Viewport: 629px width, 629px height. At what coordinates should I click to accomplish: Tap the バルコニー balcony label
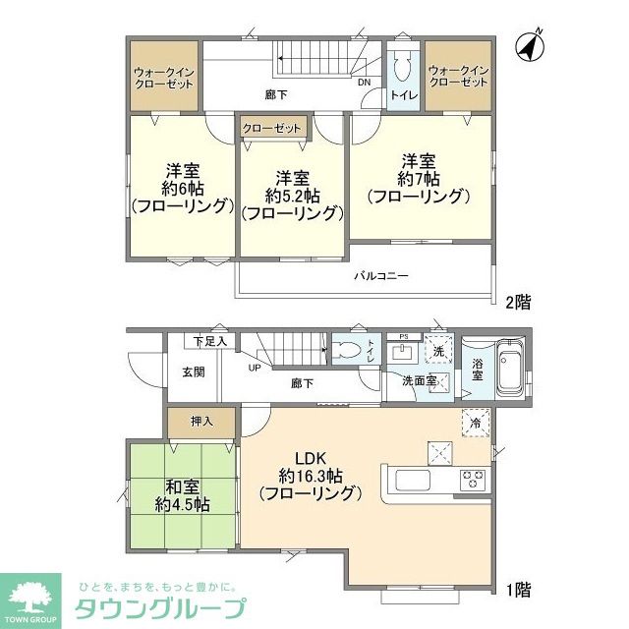pyautogui.click(x=381, y=276)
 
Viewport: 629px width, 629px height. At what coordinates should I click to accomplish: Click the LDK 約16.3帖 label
pyautogui.click(x=309, y=475)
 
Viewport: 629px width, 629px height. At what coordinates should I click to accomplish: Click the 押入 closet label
pyautogui.click(x=201, y=421)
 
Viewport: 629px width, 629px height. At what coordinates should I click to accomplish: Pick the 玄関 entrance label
pyautogui.click(x=193, y=372)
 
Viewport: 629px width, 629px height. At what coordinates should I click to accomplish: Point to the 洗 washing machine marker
pyautogui.click(x=436, y=351)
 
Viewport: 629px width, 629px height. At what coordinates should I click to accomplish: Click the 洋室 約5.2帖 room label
pyautogui.click(x=292, y=195)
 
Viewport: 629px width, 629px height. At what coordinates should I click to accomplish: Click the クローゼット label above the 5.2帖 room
pyautogui.click(x=271, y=129)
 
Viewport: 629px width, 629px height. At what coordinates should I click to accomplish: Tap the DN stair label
pyautogui.click(x=364, y=83)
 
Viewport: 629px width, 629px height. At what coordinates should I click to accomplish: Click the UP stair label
pyautogui.click(x=255, y=369)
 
